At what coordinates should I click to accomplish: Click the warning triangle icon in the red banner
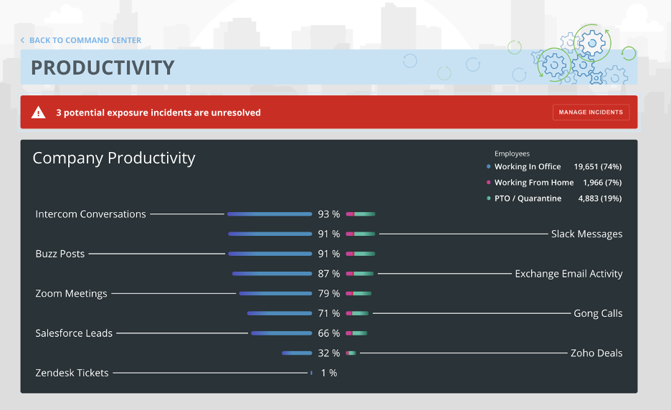click(38, 113)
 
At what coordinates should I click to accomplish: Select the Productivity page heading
click(103, 67)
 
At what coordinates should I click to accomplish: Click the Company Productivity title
click(114, 158)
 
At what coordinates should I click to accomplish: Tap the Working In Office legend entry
click(528, 166)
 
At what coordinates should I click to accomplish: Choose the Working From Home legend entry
click(533, 182)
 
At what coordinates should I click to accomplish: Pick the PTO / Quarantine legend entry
click(528, 198)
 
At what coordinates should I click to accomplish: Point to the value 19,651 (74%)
click(598, 166)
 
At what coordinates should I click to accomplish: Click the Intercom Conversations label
click(90, 214)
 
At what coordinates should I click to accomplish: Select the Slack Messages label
click(586, 234)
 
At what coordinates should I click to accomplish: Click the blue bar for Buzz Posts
click(270, 254)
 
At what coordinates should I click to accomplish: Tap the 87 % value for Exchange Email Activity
click(329, 274)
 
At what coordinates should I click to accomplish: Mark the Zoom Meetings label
click(71, 293)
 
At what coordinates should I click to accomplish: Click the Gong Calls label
click(598, 313)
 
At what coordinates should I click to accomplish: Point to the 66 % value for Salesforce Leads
click(329, 333)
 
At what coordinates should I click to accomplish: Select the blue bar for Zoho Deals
click(297, 353)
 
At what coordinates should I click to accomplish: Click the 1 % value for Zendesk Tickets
click(328, 373)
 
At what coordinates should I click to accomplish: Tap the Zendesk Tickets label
click(72, 373)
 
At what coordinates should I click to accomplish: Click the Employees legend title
click(512, 153)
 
